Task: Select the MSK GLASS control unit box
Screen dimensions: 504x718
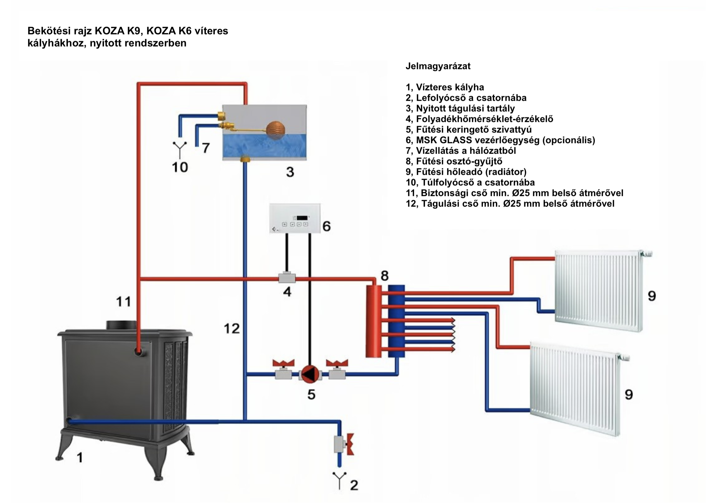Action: (x=295, y=219)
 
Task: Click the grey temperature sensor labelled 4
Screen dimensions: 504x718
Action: (x=287, y=278)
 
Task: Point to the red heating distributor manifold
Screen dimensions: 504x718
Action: (x=373, y=321)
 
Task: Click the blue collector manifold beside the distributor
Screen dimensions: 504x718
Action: (x=397, y=321)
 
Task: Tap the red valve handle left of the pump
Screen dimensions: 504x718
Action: (x=283, y=363)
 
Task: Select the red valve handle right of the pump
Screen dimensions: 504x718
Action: (x=337, y=363)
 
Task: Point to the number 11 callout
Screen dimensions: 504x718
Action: (x=124, y=302)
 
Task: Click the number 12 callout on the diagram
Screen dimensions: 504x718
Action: (x=232, y=329)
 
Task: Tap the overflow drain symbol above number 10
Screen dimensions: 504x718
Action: (x=180, y=149)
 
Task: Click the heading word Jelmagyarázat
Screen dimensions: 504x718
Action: (x=438, y=66)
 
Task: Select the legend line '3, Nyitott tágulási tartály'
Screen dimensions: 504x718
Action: (x=460, y=109)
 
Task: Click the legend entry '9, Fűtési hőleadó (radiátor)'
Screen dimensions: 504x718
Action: (x=466, y=172)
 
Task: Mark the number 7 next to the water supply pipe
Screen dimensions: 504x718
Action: (x=205, y=148)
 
